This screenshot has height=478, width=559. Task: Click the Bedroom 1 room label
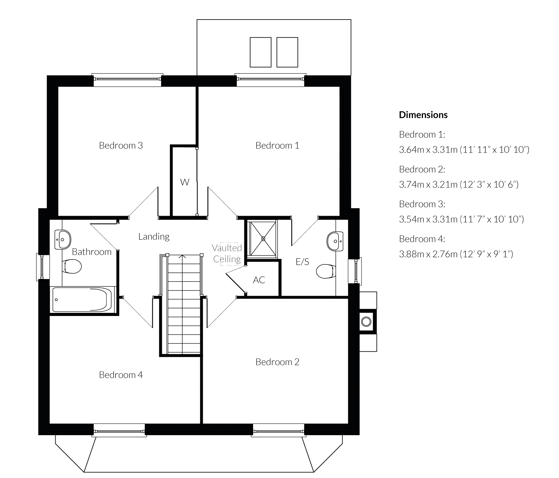277,145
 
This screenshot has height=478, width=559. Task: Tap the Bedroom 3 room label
121,145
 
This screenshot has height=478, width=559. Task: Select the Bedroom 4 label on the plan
121,375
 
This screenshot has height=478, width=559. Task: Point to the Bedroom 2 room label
277,362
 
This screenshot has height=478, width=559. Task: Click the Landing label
154,237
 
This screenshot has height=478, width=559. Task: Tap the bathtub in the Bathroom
82,300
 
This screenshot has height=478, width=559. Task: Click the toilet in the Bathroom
71,266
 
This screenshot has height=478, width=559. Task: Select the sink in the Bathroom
63,240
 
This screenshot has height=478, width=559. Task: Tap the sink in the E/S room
335,241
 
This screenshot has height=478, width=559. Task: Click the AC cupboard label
259,280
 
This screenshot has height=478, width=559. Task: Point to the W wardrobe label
185,182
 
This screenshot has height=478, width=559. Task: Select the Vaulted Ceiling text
227,253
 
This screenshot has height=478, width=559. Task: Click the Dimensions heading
423,115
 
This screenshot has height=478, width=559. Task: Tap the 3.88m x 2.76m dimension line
456,254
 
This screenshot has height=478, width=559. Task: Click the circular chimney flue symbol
366,322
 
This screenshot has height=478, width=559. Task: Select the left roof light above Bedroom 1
261,52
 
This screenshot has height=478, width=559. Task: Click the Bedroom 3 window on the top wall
127,79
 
